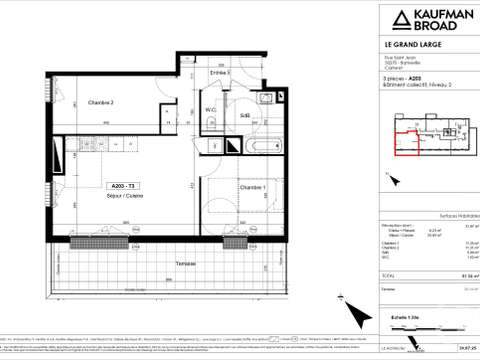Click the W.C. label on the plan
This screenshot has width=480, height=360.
click(212, 110)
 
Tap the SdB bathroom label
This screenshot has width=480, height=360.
click(244, 116)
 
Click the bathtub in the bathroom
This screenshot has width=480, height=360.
click(252, 146)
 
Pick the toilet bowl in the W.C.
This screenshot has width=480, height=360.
click(212, 123)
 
